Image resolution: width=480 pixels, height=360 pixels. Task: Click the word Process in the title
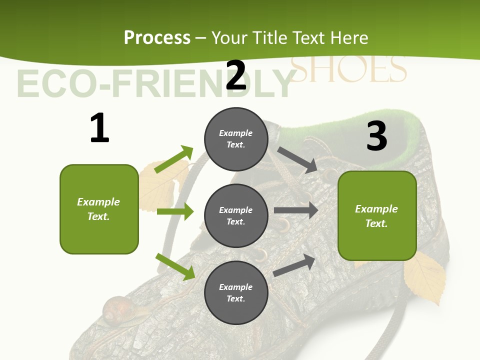pyautogui.click(x=157, y=37)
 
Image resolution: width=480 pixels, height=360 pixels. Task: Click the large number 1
pyautogui.click(x=99, y=128)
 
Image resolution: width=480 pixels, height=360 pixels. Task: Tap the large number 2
pyautogui.click(x=236, y=75)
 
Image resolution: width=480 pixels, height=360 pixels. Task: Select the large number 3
pyautogui.click(x=377, y=136)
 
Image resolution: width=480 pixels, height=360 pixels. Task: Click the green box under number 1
pyautogui.click(x=99, y=209)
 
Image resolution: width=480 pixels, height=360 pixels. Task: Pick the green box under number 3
pyautogui.click(x=377, y=215)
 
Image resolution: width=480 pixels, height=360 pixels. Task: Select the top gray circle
pyautogui.click(x=236, y=138)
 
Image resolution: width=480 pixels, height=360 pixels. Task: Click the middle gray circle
pyautogui.click(x=236, y=215)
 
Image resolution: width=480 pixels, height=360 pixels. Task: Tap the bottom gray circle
pyautogui.click(x=236, y=292)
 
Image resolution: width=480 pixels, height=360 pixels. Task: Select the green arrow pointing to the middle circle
pyautogui.click(x=175, y=211)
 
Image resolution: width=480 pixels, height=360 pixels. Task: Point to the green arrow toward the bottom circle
pyautogui.click(x=175, y=266)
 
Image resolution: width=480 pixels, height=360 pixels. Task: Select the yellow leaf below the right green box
pyautogui.click(x=425, y=277)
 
